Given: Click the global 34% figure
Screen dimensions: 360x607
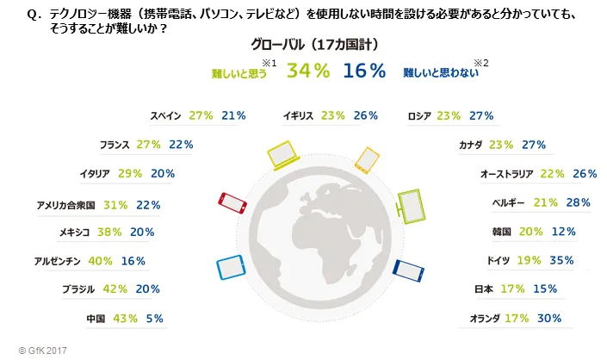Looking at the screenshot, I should coord(308,71).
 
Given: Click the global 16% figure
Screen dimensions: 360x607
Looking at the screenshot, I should coord(364,71).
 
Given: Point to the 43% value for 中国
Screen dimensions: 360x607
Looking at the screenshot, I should coord(125,319).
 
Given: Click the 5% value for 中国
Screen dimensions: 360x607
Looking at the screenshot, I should coord(155,319).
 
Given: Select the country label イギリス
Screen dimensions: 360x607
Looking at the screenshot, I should coord(296,115).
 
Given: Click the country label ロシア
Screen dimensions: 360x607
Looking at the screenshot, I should coord(419,115).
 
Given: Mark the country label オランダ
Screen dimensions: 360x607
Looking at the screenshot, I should coord(484,319).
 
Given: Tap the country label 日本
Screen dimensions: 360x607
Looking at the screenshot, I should coord(484,289).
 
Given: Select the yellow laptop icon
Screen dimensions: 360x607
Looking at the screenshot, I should coord(283,155).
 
